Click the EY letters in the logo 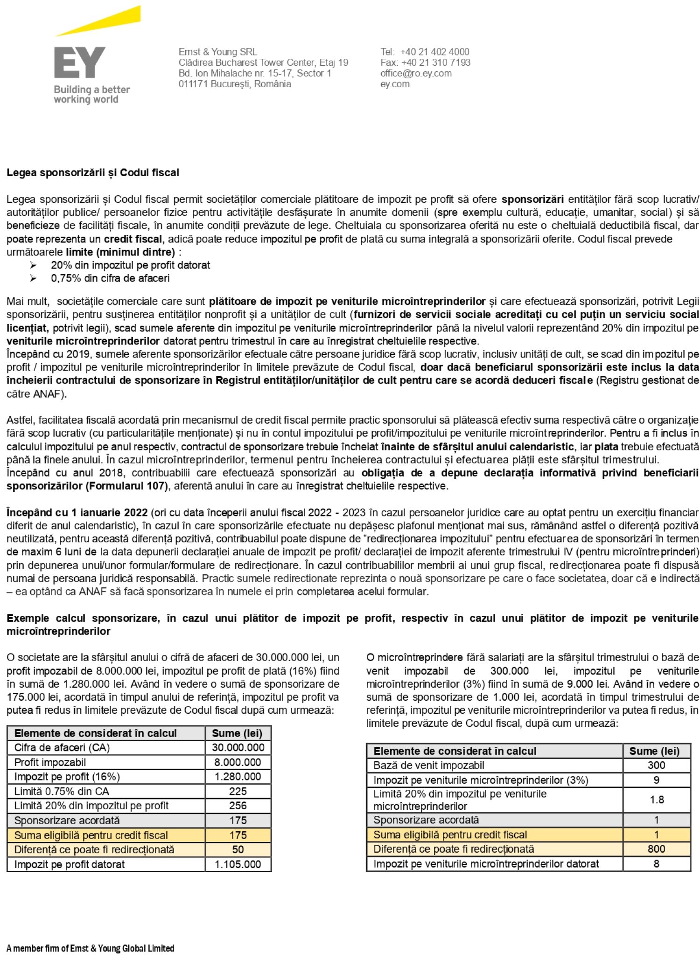point(79,62)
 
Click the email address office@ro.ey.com point(415,73)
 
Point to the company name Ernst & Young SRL point(217,52)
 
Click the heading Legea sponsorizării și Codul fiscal point(92,172)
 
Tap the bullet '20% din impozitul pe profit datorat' point(130,265)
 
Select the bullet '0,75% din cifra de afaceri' point(110,278)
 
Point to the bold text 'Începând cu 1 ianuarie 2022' point(77,512)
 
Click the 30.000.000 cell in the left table point(238,747)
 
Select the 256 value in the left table point(238,806)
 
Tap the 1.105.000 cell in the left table point(238,864)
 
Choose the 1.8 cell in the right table point(657,800)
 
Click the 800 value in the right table point(657,849)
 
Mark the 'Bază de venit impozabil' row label point(428,765)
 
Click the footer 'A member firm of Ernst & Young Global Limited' point(91,948)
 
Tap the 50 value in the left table point(238,849)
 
